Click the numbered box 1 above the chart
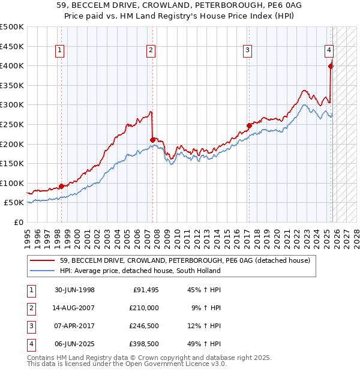point(61,51)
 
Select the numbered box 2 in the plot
point(151,51)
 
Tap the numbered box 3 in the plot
point(247,51)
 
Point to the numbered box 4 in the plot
point(329,51)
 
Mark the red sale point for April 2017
point(248,126)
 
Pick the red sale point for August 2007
point(152,140)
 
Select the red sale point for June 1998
point(61,186)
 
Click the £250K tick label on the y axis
point(13,124)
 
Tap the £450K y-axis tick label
point(13,46)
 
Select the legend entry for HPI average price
point(139,271)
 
